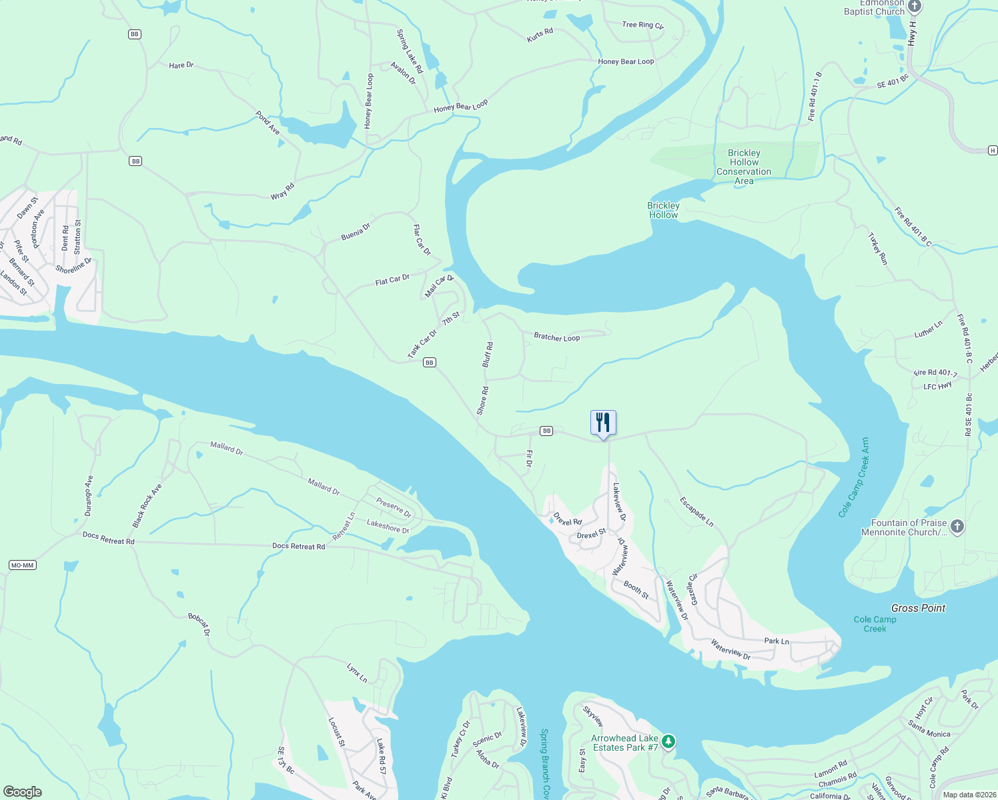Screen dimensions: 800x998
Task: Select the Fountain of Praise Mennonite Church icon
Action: pos(957,527)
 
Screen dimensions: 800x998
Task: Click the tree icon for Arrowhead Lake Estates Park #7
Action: pos(668,742)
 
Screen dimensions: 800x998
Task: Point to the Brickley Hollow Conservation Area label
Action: pos(743,167)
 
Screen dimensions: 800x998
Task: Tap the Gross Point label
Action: pos(918,608)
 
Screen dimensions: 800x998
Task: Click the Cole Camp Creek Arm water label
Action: pos(855,477)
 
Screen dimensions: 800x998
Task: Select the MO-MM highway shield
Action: pos(22,565)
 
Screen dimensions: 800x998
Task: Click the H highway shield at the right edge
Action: pos(993,151)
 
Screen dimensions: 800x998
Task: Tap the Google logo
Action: pos(22,792)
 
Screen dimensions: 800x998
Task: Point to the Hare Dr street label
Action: pos(181,65)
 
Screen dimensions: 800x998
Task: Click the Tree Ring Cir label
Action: pos(642,25)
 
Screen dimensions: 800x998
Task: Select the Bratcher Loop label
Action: pos(556,337)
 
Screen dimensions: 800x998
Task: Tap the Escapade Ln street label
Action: pos(696,512)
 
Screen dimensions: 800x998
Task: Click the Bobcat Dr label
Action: pos(199,624)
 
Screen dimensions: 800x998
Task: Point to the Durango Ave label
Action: pos(89,495)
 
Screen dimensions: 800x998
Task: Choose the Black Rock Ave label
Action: pos(147,506)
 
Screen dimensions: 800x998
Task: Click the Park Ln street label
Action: pos(777,641)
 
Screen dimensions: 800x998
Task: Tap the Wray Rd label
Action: pos(282,191)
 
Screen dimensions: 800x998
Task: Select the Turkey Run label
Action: pos(877,249)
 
